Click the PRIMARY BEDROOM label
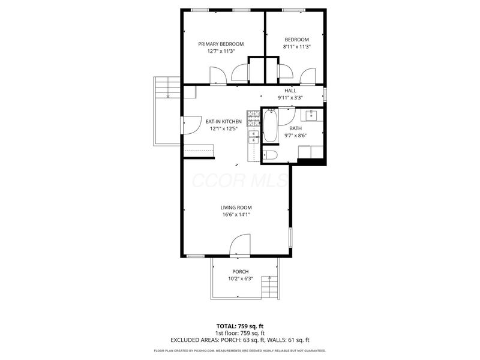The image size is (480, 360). (x=221, y=44)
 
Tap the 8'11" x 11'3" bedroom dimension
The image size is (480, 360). (x=296, y=47)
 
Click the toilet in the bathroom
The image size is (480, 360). (x=269, y=155)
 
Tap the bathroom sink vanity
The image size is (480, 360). (x=312, y=115)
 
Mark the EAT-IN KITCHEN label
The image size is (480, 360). (x=224, y=121)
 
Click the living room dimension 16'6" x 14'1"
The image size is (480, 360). (x=235, y=214)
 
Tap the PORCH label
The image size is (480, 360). (x=240, y=271)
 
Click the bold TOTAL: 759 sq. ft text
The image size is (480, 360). (x=240, y=326)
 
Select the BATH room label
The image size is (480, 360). (x=296, y=128)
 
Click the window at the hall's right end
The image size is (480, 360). (x=325, y=95)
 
